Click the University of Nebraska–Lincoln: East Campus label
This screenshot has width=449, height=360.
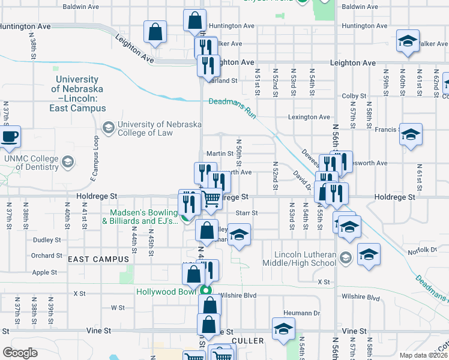[x=76, y=94]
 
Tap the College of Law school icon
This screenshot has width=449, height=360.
[x=109, y=127]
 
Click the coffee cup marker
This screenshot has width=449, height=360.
[x=9, y=137]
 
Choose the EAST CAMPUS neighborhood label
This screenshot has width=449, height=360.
[x=98, y=259]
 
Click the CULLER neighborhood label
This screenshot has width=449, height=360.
[x=247, y=341]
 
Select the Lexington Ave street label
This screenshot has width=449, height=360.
[x=309, y=117]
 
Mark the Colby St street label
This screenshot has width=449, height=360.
[x=354, y=96]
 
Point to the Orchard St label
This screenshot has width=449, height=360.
[x=47, y=256]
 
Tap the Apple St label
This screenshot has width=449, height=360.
[x=44, y=272]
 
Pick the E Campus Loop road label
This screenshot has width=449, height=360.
[x=94, y=157]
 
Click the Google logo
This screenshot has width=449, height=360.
[x=20, y=353]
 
